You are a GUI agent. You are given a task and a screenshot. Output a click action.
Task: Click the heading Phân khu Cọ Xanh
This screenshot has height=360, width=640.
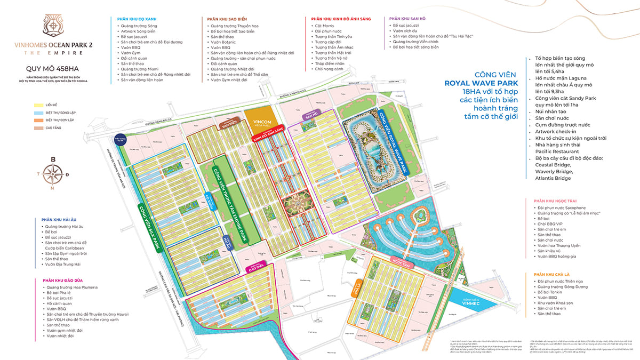pyautogui.click(x=137, y=19)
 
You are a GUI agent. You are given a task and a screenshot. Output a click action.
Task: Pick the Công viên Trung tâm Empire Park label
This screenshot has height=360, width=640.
pyautogui.click(x=231, y=203)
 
